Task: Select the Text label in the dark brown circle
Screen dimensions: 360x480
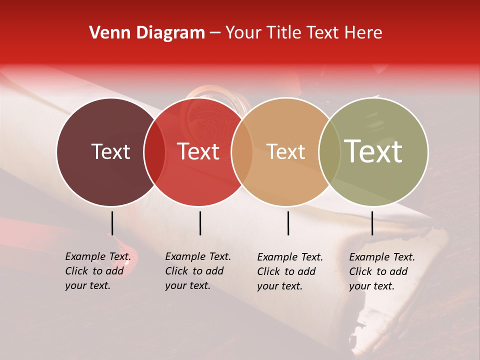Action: point(111,152)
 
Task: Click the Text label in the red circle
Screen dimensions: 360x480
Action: point(198,152)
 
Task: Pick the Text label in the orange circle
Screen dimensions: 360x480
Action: point(286,152)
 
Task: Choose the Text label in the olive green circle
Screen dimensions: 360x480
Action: point(373,152)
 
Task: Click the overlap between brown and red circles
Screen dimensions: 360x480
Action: point(154,152)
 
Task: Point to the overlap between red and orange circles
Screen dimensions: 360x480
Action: point(242,152)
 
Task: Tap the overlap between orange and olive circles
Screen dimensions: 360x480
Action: point(329,152)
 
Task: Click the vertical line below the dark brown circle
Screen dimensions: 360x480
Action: point(112,223)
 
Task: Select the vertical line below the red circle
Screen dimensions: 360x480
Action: point(200,223)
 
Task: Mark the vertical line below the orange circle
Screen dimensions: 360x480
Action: point(288,223)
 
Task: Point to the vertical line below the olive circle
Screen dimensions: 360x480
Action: point(372,223)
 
